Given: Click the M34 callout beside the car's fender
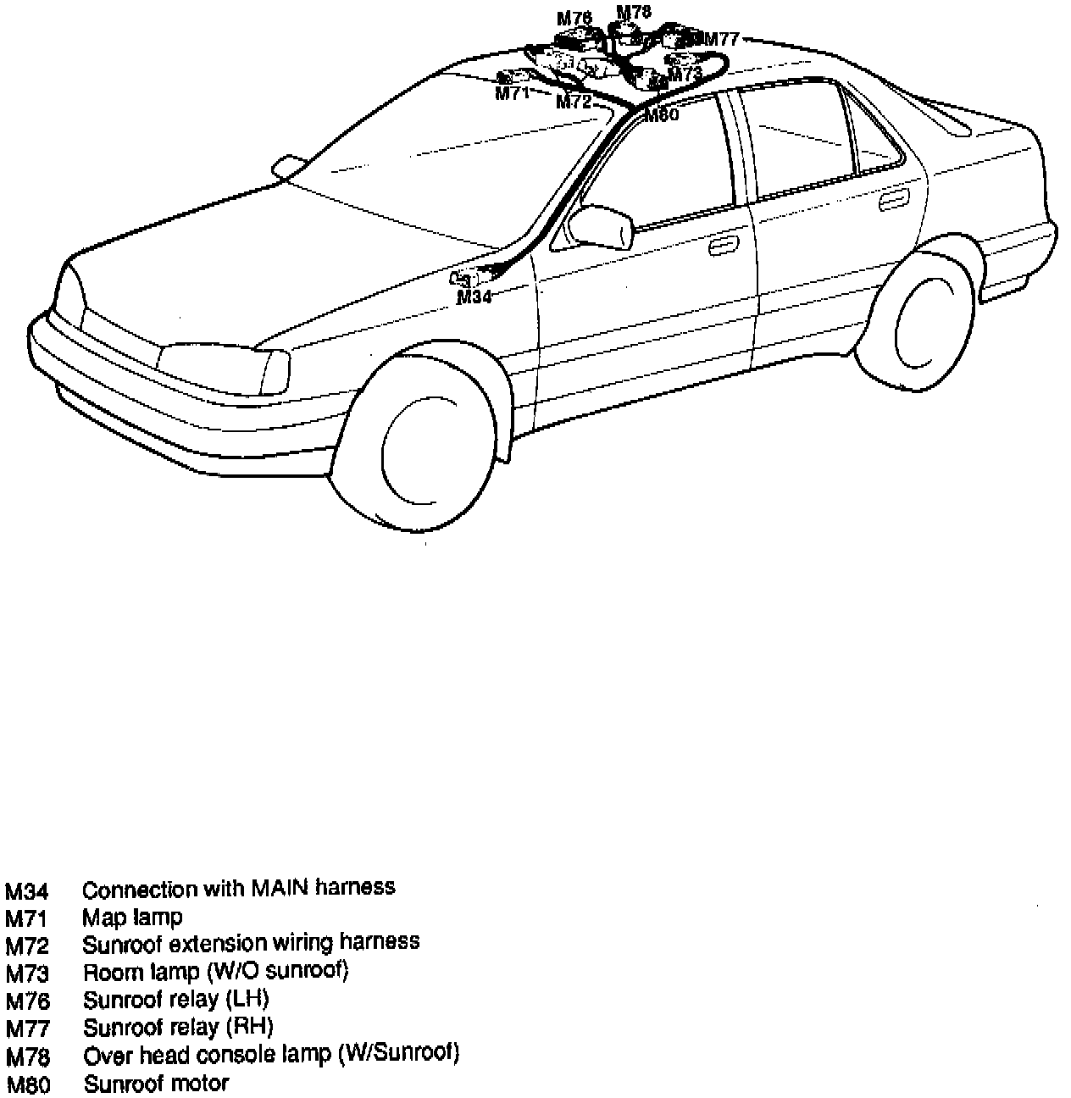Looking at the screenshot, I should [x=474, y=297].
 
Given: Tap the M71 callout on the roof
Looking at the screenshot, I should [x=512, y=93].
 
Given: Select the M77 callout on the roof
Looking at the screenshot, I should [x=722, y=39].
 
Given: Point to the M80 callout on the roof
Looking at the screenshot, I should [x=661, y=115].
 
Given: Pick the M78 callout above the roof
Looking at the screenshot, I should [x=634, y=12].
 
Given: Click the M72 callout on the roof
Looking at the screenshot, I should [x=573, y=103].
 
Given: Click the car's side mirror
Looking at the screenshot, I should [x=601, y=226].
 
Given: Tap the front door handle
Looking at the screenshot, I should [x=722, y=247].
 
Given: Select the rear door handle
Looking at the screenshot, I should [x=892, y=202].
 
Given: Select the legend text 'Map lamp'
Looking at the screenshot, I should [x=132, y=917].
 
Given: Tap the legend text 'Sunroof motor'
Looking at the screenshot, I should [x=156, y=1084].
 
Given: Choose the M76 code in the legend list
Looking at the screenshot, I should [x=28, y=1001].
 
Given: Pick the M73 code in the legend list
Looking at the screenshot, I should [x=28, y=973].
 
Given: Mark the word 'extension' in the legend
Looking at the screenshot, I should [x=221, y=942].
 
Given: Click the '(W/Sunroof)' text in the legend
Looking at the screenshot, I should [x=398, y=1055].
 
